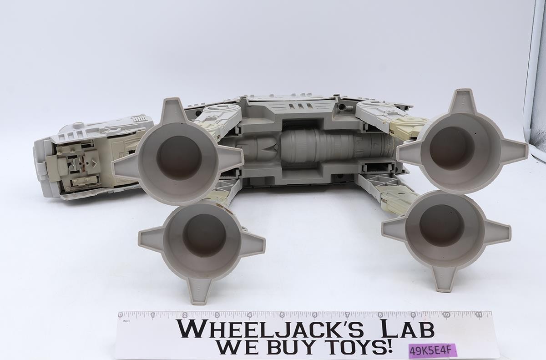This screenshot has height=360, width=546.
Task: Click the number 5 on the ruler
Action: [282, 315]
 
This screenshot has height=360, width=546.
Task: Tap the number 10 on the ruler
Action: [446, 314]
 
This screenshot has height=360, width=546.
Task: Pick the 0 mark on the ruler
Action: [120, 315]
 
